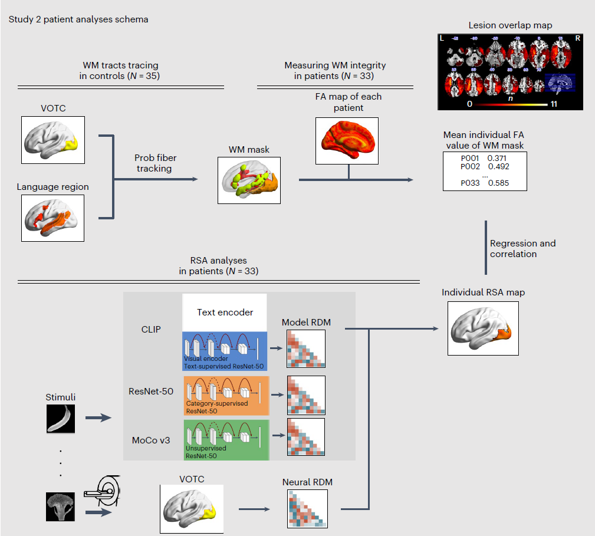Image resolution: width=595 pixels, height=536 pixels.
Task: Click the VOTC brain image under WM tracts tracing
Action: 53,139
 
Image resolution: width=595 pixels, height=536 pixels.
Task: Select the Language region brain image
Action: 53,218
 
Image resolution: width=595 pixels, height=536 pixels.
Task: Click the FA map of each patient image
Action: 348,140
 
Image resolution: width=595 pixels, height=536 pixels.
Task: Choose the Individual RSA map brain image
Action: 483,328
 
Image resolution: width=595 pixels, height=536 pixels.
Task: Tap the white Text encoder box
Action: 225,313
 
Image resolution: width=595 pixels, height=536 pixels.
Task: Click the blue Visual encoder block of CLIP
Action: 225,350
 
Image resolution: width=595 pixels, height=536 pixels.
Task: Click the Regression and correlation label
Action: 522,248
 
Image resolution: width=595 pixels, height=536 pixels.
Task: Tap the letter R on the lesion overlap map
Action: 578,38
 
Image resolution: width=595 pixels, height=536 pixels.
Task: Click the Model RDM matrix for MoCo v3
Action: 305,438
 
